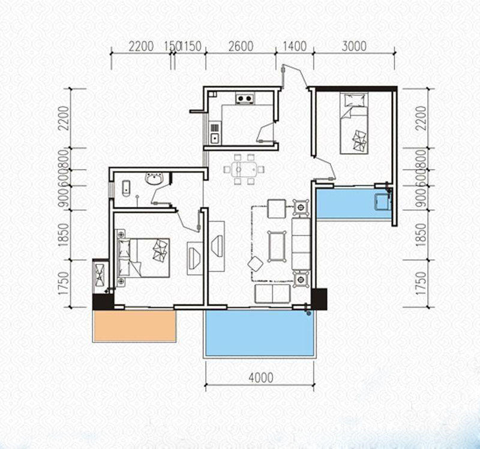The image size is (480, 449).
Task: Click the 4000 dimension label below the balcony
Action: coord(261,378)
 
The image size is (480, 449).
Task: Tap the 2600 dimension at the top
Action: coord(241,47)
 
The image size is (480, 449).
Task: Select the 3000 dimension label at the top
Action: coord(354,46)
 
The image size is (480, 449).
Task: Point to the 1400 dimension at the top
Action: coord(295,47)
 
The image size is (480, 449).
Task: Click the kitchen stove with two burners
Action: coord(245,98)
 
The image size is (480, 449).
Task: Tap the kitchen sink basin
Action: coord(215,138)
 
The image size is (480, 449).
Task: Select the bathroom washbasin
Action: coord(155,179)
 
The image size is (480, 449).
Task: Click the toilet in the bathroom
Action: coord(126,189)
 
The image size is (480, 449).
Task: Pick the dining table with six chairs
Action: coord(244,170)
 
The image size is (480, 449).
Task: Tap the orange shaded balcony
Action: coord(134,326)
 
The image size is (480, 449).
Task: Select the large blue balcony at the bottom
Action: coord(260,333)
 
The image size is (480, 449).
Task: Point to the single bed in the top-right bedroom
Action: coord(354,123)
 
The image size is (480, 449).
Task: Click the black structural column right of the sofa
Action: coord(319,299)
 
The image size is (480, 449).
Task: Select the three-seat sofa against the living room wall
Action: coord(301,244)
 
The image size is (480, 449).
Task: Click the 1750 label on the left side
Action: coord(64,284)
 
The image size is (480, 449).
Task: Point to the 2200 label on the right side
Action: coord(421,118)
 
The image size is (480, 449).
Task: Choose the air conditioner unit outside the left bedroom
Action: coord(100,275)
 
